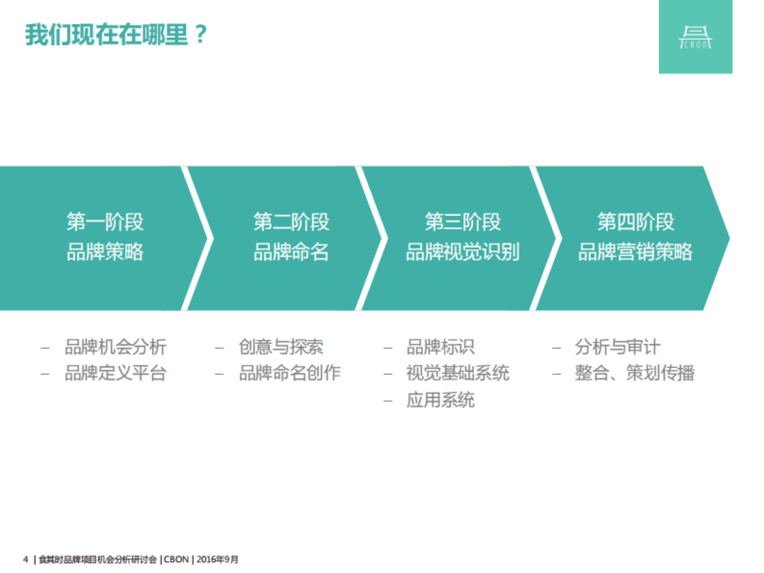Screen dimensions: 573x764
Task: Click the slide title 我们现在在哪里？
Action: (x=117, y=34)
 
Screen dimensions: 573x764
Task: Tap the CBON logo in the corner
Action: (x=695, y=37)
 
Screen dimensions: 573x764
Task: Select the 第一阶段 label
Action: (x=105, y=222)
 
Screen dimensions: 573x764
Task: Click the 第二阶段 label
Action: (x=292, y=222)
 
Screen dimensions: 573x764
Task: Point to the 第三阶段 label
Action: (x=463, y=222)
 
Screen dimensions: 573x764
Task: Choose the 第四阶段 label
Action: (x=635, y=222)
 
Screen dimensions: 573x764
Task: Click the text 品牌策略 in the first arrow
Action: (x=105, y=252)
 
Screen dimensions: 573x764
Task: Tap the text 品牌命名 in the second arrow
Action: (x=292, y=252)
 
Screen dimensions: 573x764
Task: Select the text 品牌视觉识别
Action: (x=463, y=252)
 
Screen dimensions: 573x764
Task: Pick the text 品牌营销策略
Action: (x=635, y=252)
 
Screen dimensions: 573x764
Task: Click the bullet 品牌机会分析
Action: (x=115, y=347)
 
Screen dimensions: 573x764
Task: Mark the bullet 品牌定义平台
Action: (x=115, y=373)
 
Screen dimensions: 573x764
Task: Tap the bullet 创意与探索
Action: (x=281, y=347)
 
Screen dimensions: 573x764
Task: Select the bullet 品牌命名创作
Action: (x=290, y=373)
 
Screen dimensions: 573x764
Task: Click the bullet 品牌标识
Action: (x=441, y=347)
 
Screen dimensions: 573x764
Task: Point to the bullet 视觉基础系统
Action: (x=458, y=373)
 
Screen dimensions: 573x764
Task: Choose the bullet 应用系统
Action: (x=441, y=400)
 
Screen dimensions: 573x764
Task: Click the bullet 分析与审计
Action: (x=618, y=347)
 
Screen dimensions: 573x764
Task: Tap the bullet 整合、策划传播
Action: (x=635, y=373)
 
